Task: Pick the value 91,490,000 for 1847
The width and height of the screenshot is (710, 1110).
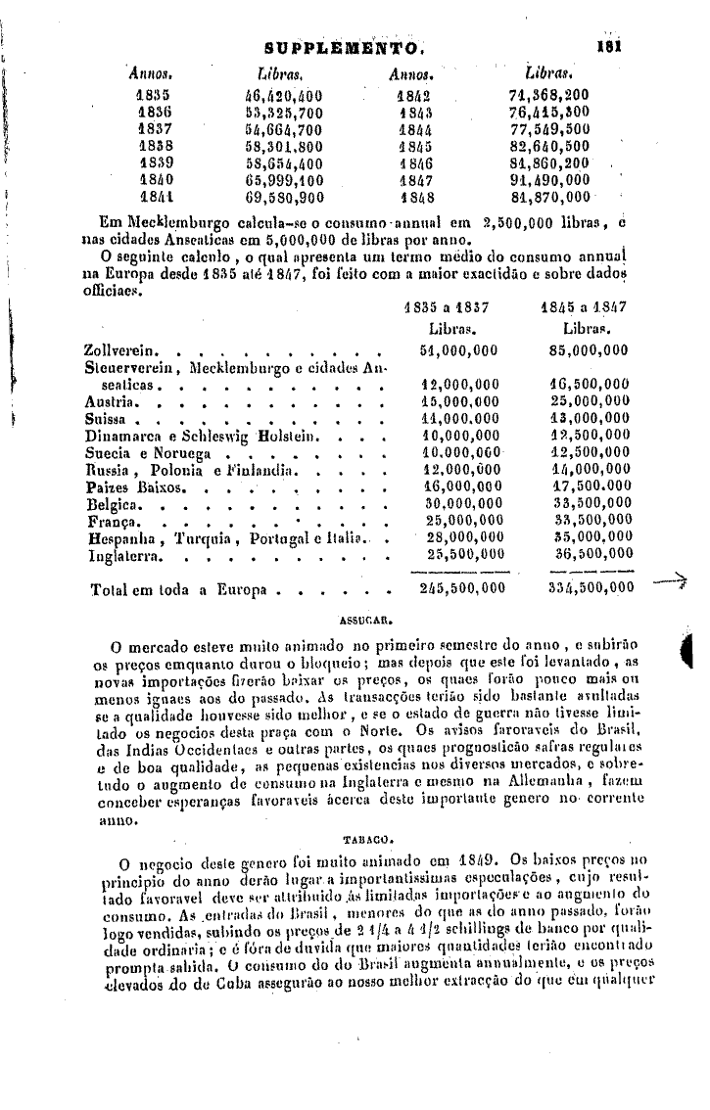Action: [x=548, y=179]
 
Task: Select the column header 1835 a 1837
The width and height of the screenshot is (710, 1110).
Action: [x=447, y=306]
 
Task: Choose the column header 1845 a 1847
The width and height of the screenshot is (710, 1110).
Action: [x=584, y=306]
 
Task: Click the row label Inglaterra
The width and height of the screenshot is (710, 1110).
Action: [x=124, y=556]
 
